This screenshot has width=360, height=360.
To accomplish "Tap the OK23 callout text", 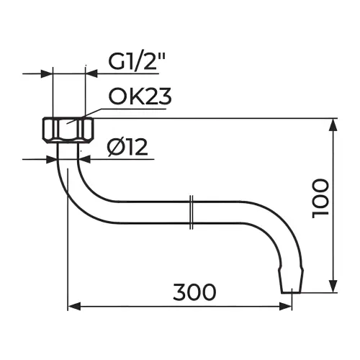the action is pyautogui.click(x=140, y=96).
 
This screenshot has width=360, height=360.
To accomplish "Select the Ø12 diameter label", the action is pyautogui.click(x=127, y=147).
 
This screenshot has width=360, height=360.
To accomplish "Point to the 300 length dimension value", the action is pyautogui.click(x=194, y=292).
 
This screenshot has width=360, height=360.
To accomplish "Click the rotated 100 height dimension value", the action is pyautogui.click(x=320, y=198).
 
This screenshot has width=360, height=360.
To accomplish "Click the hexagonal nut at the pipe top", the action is pyautogui.click(x=68, y=130).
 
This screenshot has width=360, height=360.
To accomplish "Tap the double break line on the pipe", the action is pyautogui.click(x=192, y=212).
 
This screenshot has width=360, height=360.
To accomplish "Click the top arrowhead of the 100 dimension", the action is pyautogui.click(x=333, y=125).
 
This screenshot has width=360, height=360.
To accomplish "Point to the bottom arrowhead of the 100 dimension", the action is pyautogui.click(x=333, y=287).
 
